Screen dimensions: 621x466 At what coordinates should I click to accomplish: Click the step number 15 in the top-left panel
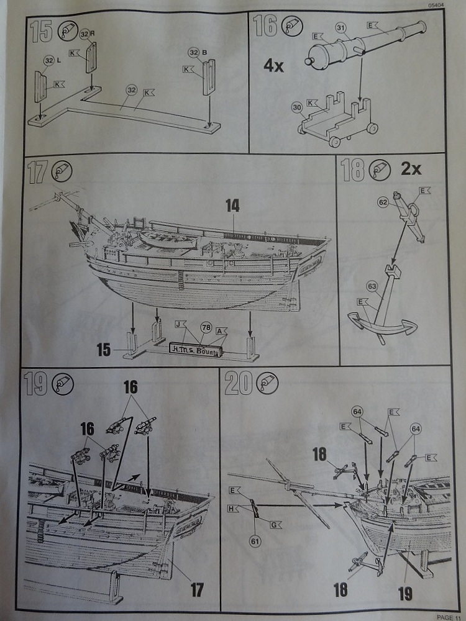pyautogui.click(x=41, y=30)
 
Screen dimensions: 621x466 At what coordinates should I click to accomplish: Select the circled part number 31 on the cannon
pyautogui.click(x=340, y=27)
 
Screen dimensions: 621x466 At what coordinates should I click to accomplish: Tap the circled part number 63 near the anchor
pyautogui.click(x=372, y=286)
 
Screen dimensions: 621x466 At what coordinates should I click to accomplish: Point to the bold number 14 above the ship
pyautogui.click(x=232, y=207)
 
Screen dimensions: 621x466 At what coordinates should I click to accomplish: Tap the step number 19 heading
pyautogui.click(x=36, y=384)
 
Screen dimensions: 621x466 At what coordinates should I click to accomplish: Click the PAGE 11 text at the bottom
pyautogui.click(x=449, y=617)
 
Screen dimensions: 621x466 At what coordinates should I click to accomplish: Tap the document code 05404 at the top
pyautogui.click(x=436, y=5)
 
